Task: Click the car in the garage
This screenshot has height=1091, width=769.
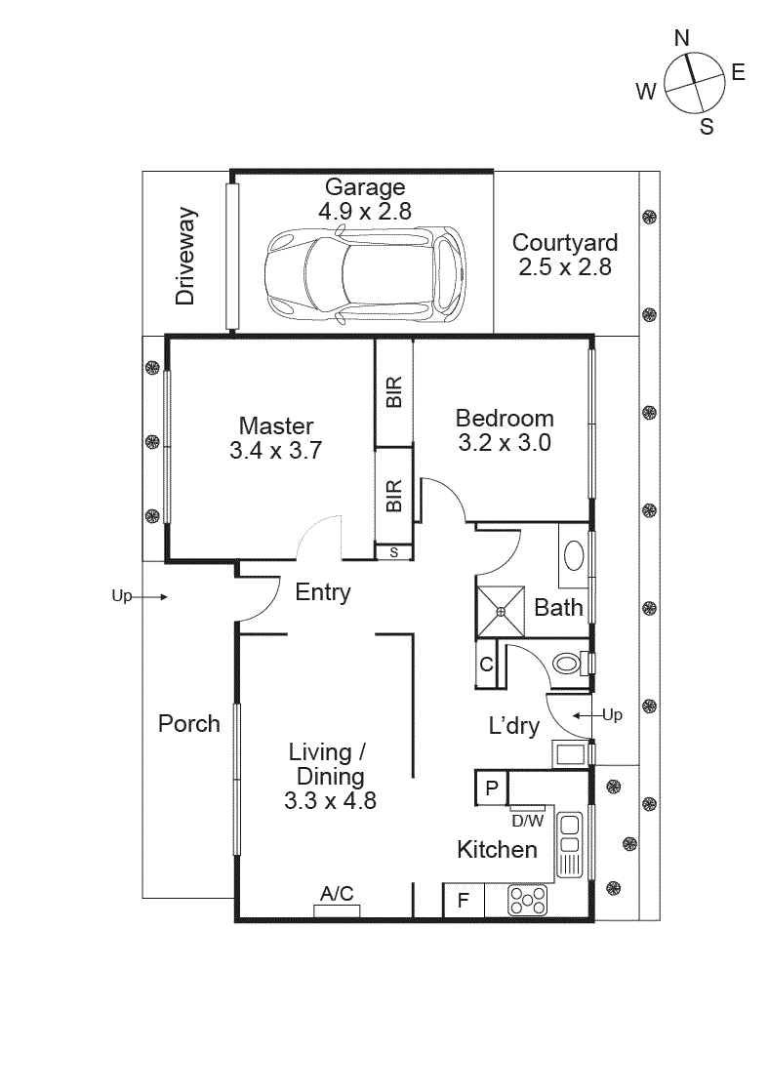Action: (364, 275)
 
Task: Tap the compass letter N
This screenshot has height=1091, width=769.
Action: (682, 38)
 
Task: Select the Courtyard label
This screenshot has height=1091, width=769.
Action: (565, 243)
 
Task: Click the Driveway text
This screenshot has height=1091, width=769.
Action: (186, 256)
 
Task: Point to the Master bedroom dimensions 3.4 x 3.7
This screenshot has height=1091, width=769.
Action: (276, 450)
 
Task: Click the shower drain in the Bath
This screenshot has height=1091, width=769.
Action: (501, 612)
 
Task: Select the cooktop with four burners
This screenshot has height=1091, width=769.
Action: (527, 902)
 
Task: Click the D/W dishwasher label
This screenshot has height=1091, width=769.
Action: (527, 821)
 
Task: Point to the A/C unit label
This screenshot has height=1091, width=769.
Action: (337, 893)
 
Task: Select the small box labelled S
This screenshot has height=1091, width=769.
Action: (394, 552)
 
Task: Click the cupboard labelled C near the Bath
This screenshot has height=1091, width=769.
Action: (486, 666)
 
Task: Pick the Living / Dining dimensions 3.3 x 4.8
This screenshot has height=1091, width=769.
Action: (330, 801)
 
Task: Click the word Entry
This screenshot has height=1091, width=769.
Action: (322, 592)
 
